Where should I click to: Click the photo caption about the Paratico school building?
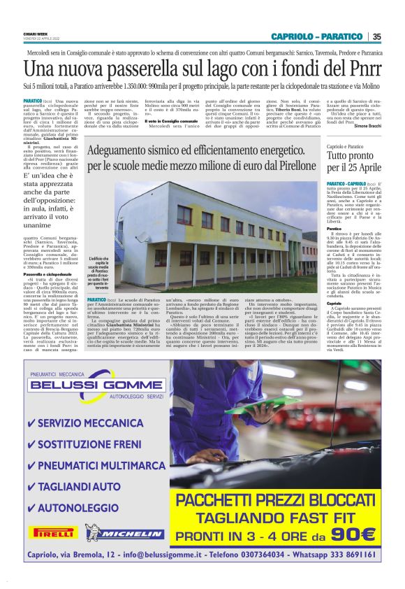pyautogui.click(x=98, y=272)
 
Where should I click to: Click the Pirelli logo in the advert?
pyautogui.click(x=53, y=532)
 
